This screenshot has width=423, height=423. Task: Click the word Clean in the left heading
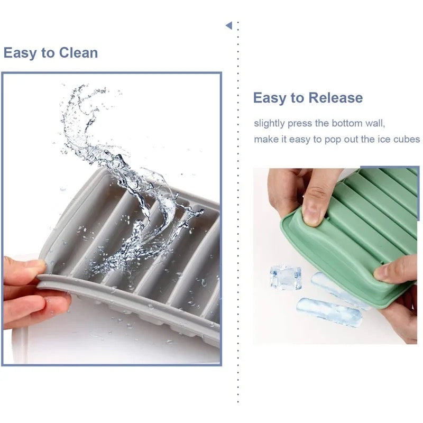(78, 52)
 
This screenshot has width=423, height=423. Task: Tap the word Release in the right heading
(336, 98)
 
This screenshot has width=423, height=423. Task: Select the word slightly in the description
(269, 124)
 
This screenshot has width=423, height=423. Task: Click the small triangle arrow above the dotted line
(229, 25)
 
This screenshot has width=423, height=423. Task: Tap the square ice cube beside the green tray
(286, 278)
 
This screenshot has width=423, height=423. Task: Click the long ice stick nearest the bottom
(329, 312)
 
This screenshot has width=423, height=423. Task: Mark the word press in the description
(300, 124)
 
